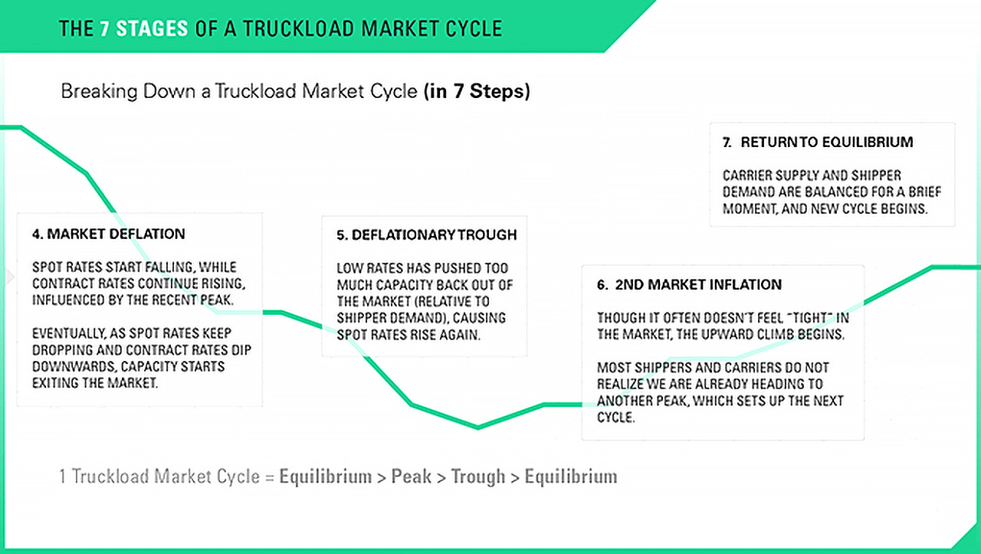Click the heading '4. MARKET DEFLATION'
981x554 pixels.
[x=108, y=234]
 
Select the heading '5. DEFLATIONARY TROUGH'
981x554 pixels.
[x=426, y=235]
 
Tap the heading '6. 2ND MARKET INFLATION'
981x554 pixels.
[x=689, y=284]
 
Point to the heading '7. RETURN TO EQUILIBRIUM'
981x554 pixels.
[x=818, y=142]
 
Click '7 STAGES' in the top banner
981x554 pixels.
[x=144, y=29]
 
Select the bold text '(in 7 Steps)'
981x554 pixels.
[x=476, y=92]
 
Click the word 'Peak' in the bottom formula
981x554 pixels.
[x=412, y=477]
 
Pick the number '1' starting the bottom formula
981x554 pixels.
[x=63, y=477]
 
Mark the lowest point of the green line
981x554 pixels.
[x=478, y=428]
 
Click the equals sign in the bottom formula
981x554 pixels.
[x=269, y=477]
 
